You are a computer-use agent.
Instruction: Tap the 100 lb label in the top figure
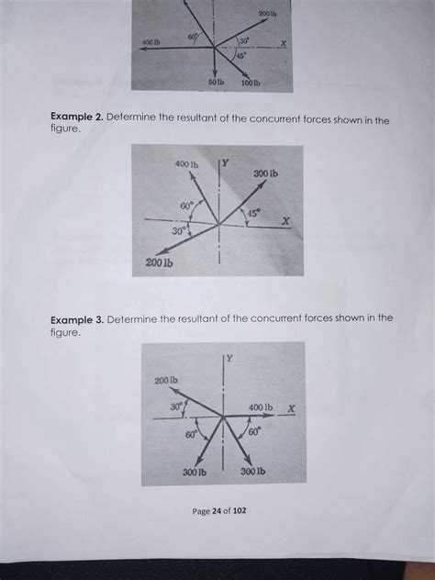click(x=250, y=84)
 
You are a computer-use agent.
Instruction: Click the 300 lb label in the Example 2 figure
click(x=266, y=173)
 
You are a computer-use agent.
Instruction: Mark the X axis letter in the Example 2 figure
click(x=285, y=221)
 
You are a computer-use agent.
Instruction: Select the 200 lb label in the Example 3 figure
click(x=166, y=379)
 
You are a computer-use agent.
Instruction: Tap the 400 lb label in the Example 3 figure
click(x=261, y=407)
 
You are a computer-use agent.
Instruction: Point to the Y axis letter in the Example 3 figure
click(x=230, y=358)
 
